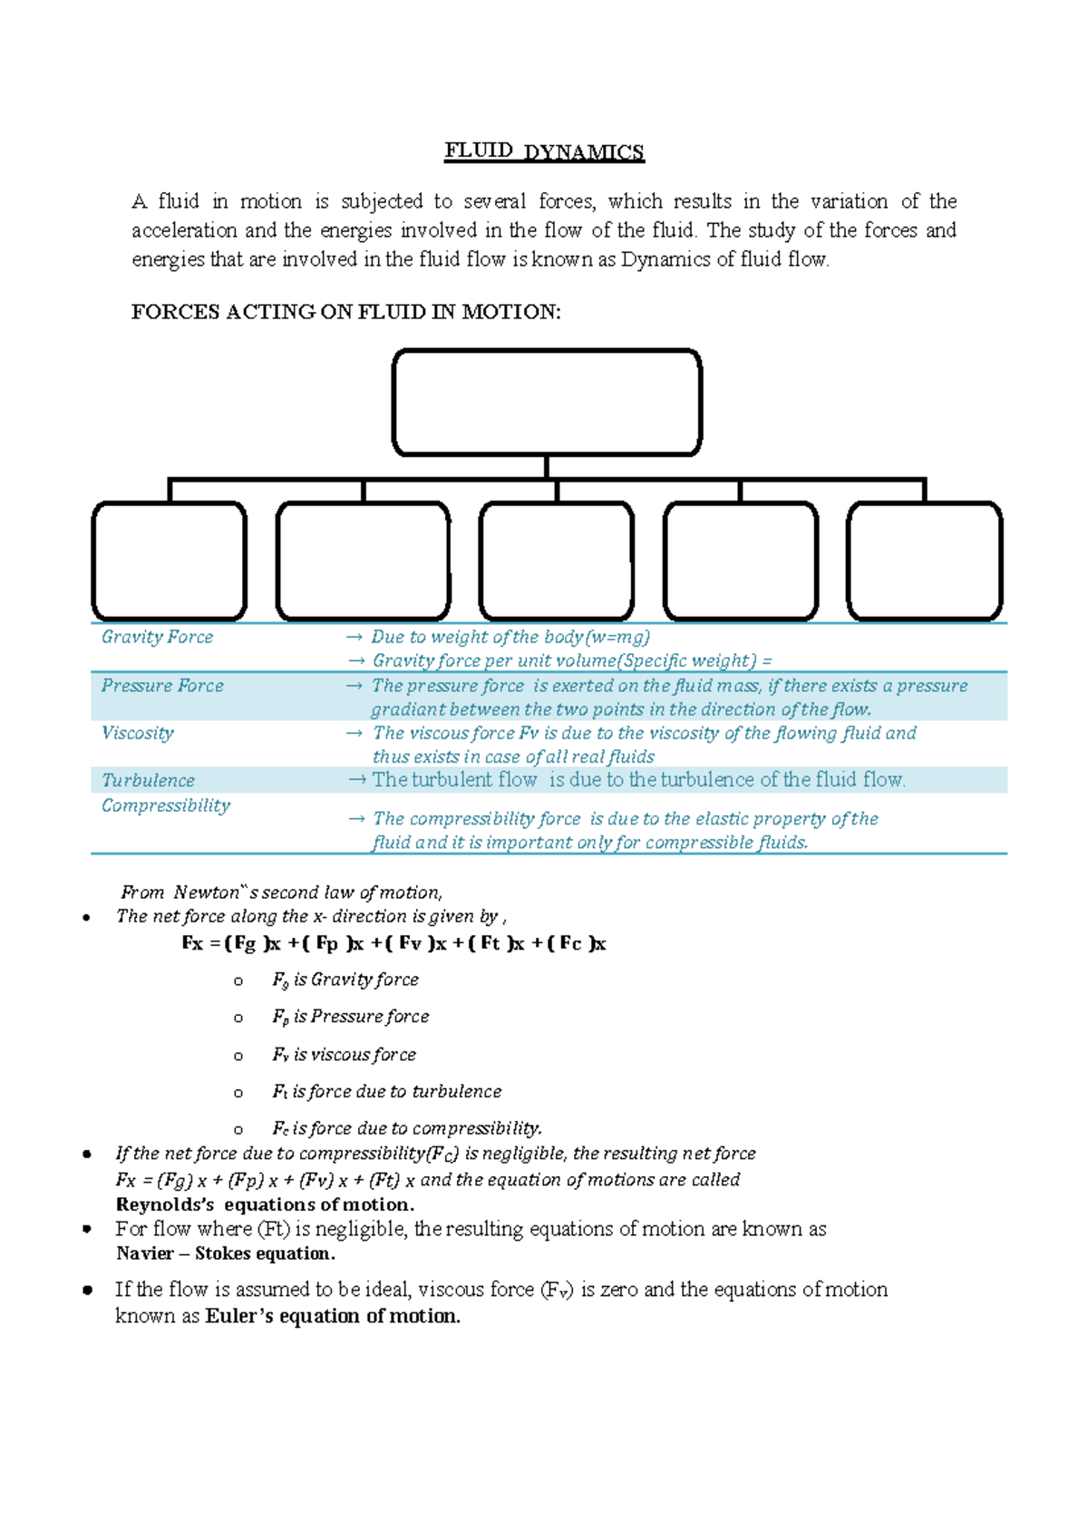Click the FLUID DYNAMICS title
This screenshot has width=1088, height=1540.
(x=544, y=151)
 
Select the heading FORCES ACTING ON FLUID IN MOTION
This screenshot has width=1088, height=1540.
(x=345, y=312)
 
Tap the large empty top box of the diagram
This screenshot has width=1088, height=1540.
(x=547, y=402)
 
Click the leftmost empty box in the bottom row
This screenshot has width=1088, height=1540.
(x=170, y=561)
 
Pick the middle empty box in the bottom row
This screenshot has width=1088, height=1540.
(x=556, y=561)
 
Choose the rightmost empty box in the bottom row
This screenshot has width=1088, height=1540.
(x=924, y=561)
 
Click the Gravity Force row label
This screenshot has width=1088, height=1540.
(x=157, y=638)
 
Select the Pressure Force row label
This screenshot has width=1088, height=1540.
(x=162, y=686)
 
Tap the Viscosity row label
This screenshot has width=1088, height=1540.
(x=137, y=733)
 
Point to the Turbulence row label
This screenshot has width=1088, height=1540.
(x=148, y=781)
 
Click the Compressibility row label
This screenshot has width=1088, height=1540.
(x=165, y=805)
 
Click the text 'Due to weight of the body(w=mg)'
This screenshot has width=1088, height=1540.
(x=510, y=638)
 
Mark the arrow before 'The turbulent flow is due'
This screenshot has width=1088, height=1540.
(x=357, y=780)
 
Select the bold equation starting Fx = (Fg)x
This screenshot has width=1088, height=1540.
(x=393, y=943)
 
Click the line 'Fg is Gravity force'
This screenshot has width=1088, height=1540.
(x=345, y=980)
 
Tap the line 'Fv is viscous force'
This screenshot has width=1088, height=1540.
(x=344, y=1055)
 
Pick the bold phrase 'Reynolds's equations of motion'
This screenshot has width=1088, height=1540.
(x=265, y=1204)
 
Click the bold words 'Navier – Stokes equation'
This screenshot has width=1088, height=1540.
(x=225, y=1253)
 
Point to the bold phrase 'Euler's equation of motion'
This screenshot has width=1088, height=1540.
(x=333, y=1316)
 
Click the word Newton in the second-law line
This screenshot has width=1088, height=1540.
(x=207, y=892)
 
